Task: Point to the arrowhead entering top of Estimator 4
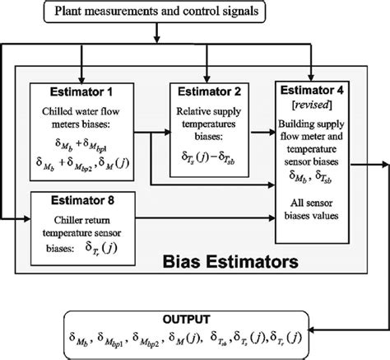pos(311,75)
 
